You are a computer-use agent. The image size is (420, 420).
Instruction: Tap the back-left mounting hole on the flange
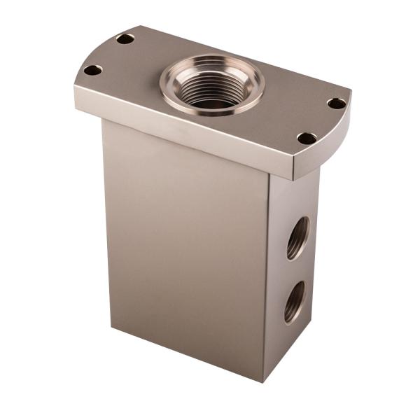(x=125, y=38)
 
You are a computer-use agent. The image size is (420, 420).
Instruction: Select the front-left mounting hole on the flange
(x=92, y=70)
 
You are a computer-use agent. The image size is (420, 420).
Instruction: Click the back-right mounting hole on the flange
(x=336, y=104)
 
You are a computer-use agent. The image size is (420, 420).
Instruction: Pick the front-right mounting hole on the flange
(x=306, y=138)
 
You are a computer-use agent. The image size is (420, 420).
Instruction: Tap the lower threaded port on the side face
(x=295, y=301)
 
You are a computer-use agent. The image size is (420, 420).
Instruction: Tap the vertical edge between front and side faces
(x=267, y=280)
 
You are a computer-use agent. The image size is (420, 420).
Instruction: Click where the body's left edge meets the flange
(x=104, y=120)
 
